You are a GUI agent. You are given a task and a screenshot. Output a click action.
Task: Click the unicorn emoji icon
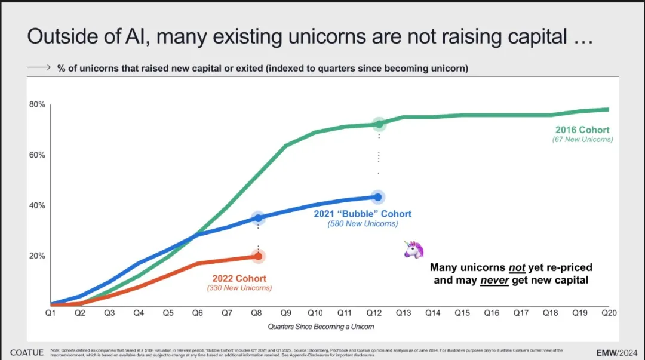tap(414, 250)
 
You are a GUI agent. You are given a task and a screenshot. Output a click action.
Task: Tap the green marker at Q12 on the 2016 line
tap(379, 124)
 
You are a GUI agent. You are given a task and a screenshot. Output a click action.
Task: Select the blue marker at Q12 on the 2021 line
tap(378, 197)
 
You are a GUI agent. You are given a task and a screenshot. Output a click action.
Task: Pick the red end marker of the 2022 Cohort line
tap(258, 256)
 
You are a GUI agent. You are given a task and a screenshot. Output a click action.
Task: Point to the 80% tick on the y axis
tap(37, 105)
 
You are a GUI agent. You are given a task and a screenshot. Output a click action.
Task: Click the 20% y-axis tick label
tap(37, 256)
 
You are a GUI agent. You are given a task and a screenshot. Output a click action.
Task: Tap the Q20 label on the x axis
tap(609, 313)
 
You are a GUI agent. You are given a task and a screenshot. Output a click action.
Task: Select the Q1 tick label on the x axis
tap(51, 313)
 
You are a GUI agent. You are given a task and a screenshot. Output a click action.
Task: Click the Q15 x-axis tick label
tap(462, 313)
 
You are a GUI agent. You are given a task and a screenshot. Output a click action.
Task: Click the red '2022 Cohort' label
tap(239, 279)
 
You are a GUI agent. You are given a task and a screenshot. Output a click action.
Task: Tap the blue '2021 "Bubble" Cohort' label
tap(363, 214)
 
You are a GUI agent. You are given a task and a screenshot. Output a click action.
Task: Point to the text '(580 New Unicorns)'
tap(363, 224)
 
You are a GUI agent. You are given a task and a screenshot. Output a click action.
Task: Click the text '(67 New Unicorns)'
tap(583, 140)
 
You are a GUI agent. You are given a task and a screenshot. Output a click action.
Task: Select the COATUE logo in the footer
tap(26, 352)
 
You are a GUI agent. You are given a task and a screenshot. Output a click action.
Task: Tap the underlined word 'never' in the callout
tap(494, 280)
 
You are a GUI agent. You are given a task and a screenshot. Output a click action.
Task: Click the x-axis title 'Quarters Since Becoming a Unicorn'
tap(320, 327)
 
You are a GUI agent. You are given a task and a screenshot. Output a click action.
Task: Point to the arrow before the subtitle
tap(39, 68)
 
